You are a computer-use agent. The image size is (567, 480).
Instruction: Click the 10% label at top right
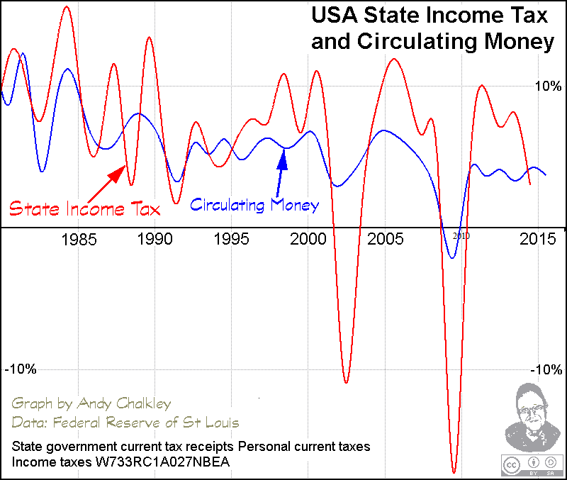click(547, 86)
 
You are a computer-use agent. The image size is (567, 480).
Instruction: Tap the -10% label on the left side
click(21, 369)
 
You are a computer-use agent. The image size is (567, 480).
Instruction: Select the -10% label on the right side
click(547, 369)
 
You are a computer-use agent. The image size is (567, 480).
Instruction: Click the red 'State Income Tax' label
click(84, 209)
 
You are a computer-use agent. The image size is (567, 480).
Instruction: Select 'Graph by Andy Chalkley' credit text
click(91, 404)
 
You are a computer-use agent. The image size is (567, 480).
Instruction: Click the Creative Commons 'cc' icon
click(510, 464)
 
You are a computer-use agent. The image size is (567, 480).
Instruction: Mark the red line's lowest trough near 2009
click(454, 471)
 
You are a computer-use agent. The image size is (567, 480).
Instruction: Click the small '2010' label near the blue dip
click(461, 235)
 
